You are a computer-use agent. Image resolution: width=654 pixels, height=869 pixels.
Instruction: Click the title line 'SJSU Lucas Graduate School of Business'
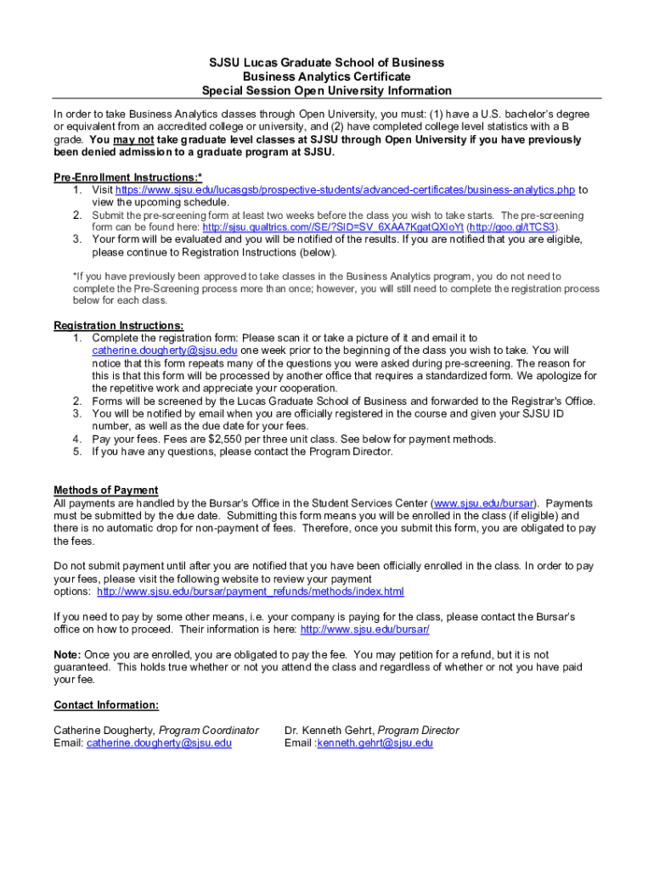coord(327,63)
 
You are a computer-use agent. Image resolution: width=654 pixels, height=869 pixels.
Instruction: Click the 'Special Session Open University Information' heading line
coord(327,91)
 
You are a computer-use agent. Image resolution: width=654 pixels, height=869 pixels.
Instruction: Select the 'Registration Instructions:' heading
coord(118,325)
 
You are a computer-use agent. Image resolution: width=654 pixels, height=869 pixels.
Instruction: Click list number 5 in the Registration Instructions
coord(76,451)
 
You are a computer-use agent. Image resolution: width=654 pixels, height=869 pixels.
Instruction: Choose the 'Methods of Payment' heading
coord(105,490)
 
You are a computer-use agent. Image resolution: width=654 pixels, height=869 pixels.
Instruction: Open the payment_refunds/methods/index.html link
coord(251,591)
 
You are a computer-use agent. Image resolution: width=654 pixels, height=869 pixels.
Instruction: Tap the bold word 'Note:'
coord(67,654)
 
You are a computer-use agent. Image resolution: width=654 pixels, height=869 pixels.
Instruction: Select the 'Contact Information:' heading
coord(106,704)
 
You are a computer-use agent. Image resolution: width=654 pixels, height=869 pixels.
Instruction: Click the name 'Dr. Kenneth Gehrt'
coord(329,730)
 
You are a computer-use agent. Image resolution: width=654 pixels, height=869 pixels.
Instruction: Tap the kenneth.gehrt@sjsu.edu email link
coord(375,743)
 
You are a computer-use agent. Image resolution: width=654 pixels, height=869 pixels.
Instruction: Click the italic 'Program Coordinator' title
coord(209,730)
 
